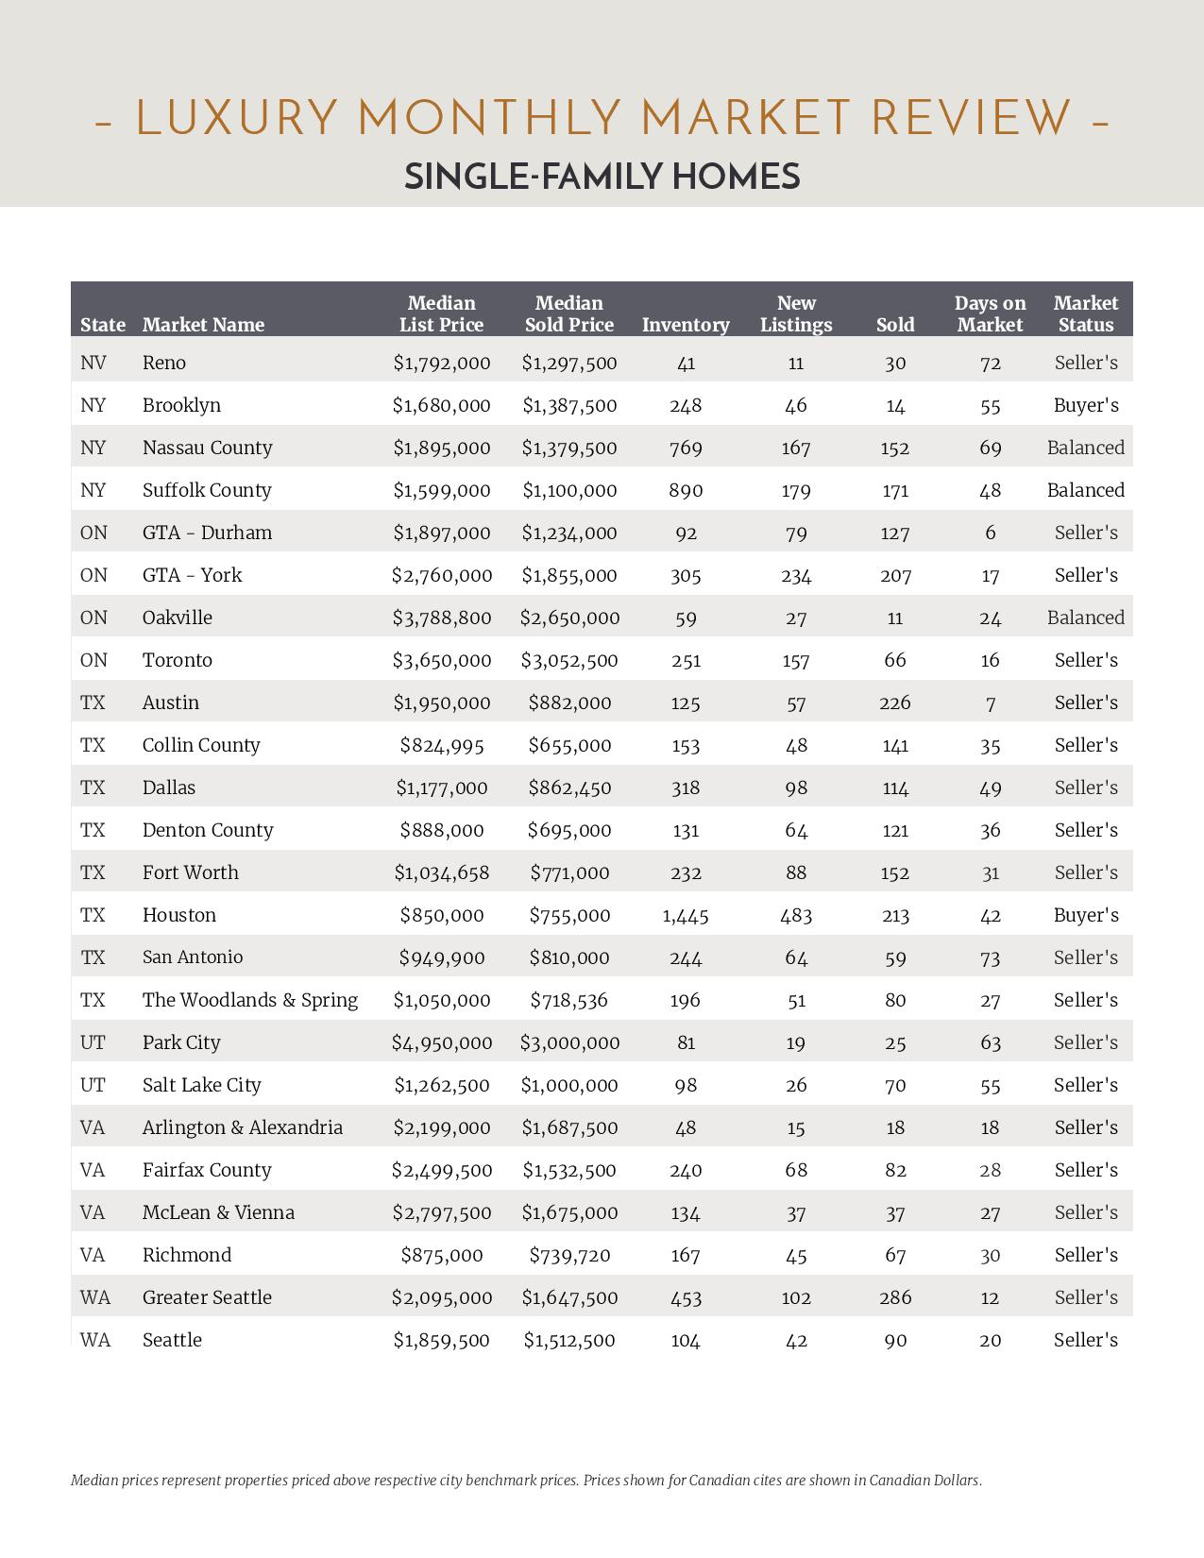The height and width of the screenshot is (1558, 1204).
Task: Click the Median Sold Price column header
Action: point(568,313)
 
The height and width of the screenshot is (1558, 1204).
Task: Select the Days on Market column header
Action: point(990,313)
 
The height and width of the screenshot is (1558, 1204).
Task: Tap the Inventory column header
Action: point(686,325)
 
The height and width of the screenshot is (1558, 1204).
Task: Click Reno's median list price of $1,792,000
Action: point(442,363)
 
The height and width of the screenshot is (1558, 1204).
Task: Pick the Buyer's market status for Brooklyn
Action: point(1086,405)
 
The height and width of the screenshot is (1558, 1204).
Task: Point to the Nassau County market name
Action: point(208,448)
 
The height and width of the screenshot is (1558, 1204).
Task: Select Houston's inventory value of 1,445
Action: point(686,915)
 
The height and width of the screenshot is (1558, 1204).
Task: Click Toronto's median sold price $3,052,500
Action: point(569,660)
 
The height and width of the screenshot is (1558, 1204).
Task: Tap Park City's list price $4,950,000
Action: point(442,1042)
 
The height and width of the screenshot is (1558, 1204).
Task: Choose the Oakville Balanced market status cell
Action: point(1086,618)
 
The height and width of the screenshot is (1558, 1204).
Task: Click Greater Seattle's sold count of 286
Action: point(895,1297)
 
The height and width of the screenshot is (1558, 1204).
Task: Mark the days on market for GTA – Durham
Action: point(990,533)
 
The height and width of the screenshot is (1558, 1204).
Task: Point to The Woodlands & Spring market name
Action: point(250,1000)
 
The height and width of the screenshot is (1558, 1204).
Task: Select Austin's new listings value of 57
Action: point(796,703)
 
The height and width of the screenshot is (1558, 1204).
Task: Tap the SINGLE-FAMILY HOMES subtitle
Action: point(602,177)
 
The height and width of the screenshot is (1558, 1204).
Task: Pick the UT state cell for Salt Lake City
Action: point(93,1085)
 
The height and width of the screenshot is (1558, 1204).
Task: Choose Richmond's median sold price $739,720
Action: point(569,1255)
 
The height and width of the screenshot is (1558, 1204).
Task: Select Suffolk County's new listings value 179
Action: point(796,490)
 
